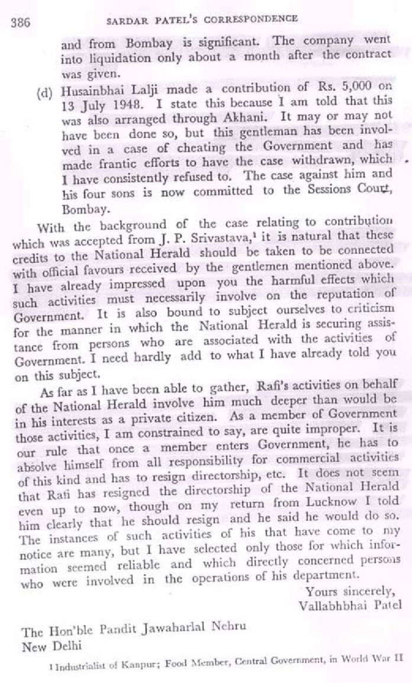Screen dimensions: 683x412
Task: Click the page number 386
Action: click(21, 22)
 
